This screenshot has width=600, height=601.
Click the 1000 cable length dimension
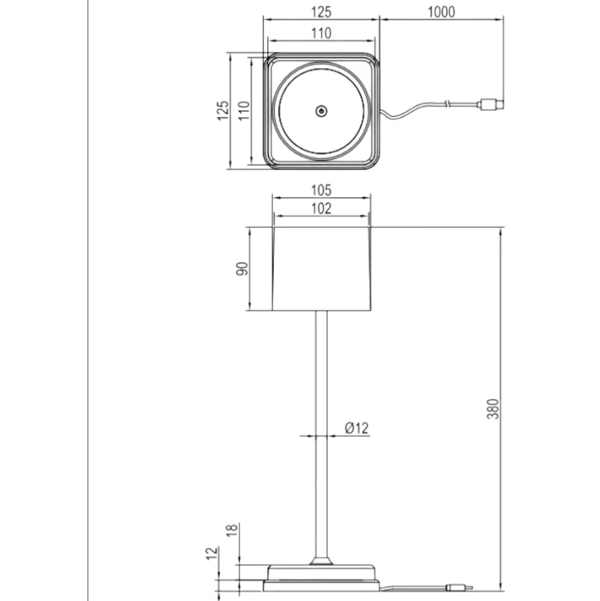[x=441, y=12]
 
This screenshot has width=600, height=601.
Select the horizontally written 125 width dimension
[x=320, y=12]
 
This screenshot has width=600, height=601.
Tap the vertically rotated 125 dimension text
[x=223, y=111]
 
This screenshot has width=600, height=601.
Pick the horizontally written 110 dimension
[x=320, y=33]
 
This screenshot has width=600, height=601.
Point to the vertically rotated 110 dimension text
[x=244, y=111]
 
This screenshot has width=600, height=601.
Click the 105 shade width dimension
[x=320, y=190]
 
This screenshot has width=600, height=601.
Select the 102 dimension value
[x=320, y=209]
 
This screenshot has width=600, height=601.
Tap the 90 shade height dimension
[x=242, y=269]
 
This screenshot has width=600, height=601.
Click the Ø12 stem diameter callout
[x=357, y=428]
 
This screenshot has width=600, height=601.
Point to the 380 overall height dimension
[x=493, y=409]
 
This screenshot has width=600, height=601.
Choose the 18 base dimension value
[x=232, y=530]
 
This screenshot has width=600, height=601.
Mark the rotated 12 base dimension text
[x=212, y=553]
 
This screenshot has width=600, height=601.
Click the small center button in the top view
[x=321, y=111]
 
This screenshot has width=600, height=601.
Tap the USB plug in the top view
[x=491, y=104]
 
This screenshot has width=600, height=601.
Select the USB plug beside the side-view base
[x=460, y=587]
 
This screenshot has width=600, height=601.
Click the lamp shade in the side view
[x=322, y=269]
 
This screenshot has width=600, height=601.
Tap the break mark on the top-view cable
[x=447, y=103]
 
